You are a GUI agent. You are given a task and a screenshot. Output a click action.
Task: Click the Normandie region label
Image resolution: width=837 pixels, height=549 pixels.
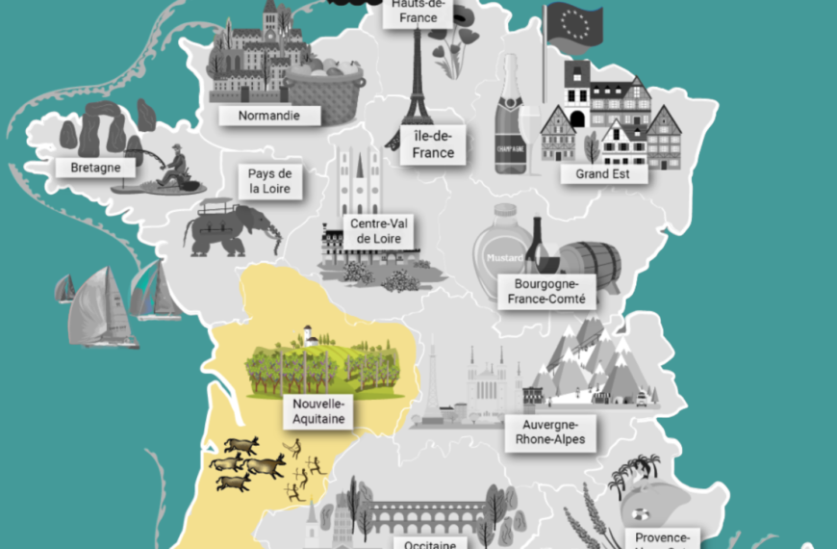pos(268,116)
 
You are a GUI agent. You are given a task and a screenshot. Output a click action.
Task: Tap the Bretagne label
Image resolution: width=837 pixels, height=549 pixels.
pos(95,168)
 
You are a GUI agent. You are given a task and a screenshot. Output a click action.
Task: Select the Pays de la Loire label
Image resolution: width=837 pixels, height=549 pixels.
pos(270,181)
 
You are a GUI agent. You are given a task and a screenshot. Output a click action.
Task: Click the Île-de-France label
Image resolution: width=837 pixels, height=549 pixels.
pos(427,144)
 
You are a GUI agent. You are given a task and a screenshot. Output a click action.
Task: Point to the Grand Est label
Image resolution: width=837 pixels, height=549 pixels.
pos(603,174)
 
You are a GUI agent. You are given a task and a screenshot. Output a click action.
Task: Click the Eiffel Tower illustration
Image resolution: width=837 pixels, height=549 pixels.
pos(418,82)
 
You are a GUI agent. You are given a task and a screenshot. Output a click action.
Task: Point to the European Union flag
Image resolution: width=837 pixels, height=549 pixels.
pos(573,26)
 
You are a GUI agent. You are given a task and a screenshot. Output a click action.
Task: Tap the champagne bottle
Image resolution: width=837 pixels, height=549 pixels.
pos(511,120)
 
